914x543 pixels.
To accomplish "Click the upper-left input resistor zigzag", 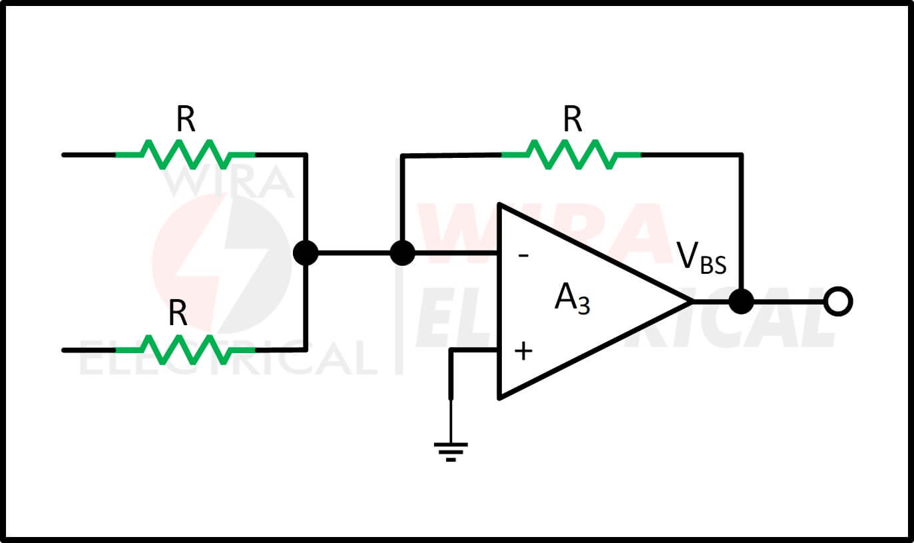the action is point(186,155).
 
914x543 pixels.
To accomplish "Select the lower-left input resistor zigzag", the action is point(186,350).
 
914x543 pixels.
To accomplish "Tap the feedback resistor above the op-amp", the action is point(571,155).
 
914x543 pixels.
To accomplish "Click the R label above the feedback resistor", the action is point(572,119).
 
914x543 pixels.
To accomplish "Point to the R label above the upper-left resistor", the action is point(186,119).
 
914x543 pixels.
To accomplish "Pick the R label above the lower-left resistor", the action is point(178,313).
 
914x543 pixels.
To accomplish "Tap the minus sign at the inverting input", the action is point(523,256).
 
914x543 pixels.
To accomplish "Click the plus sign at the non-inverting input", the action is point(523,352).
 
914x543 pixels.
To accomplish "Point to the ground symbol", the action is point(451,452).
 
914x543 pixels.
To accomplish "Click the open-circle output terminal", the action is point(838,302).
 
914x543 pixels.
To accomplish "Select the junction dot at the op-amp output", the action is point(741,302).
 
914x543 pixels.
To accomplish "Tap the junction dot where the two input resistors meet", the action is point(306,253).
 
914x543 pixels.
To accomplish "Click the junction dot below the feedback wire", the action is point(402,253).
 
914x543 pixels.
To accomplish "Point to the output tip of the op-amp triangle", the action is point(692,302).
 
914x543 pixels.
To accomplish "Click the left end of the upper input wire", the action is point(63,155).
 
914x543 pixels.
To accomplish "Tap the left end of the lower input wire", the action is point(63,350).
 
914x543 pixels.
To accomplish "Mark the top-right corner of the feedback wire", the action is point(742,155).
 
